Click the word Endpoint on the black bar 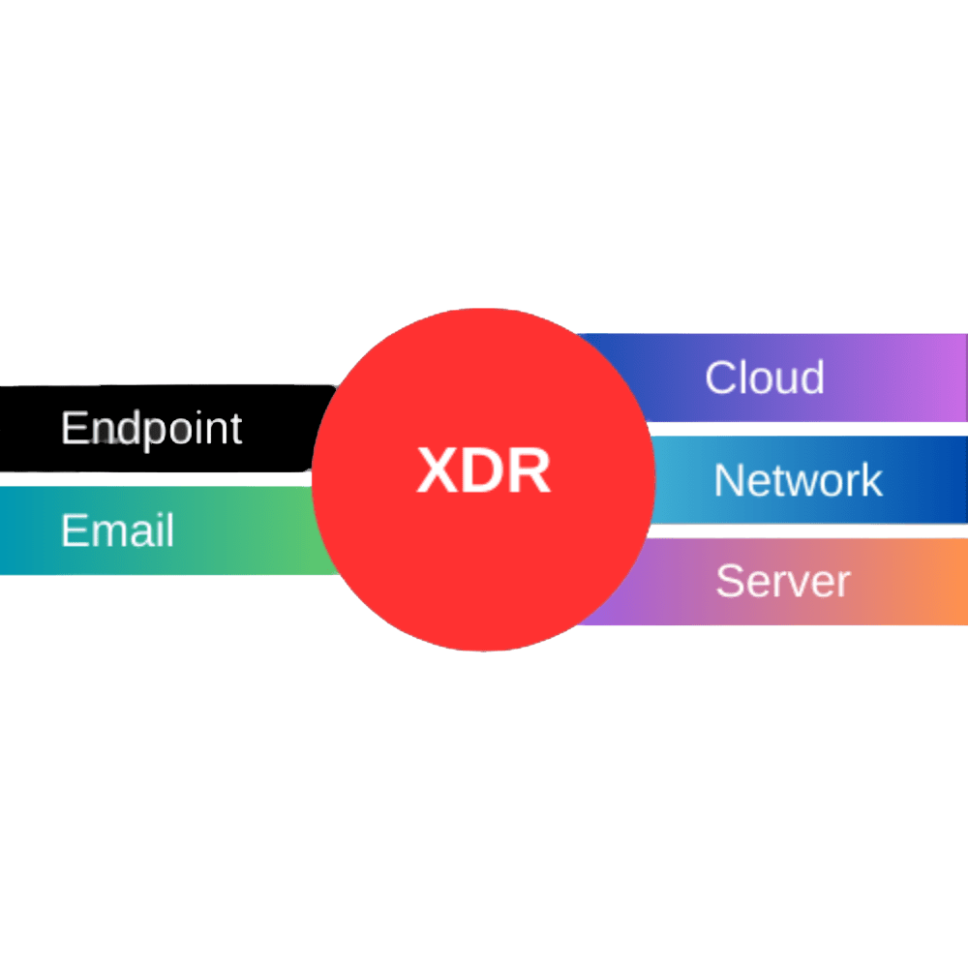click(x=151, y=428)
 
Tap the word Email click(x=117, y=530)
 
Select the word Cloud click(x=764, y=377)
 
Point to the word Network click(x=798, y=479)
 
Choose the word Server click(x=782, y=581)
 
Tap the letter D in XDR click(x=483, y=471)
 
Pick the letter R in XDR click(x=529, y=471)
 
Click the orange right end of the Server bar click(x=944, y=581)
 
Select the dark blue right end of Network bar click(x=944, y=479)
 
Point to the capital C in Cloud click(x=720, y=377)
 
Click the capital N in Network click(x=728, y=479)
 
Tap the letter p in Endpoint click(x=136, y=432)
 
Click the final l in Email click(x=169, y=530)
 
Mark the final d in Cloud click(x=812, y=377)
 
